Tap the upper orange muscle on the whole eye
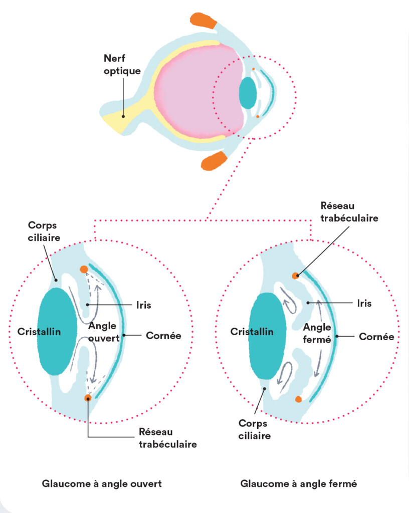203,21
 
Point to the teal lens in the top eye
248,93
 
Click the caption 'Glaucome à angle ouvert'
102,484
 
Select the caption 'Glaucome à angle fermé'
299,484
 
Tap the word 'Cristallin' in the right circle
252,332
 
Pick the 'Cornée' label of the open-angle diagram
163,335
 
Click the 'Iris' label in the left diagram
143,305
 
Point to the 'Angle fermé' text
318,333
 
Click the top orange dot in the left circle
84,269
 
